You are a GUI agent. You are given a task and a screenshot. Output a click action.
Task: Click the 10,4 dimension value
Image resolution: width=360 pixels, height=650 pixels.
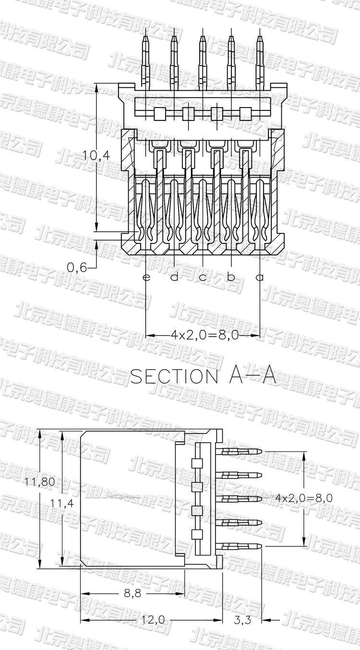pos(96,156)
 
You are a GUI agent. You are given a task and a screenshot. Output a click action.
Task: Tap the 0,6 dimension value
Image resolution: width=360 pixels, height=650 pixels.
pos(77,267)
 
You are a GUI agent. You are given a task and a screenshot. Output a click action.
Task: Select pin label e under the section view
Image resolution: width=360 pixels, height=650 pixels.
pos(146,277)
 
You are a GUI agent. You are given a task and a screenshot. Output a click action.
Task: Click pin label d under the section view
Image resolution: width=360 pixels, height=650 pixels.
pos(174,277)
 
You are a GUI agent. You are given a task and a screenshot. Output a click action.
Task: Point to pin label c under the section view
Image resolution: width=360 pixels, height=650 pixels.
pos(203,277)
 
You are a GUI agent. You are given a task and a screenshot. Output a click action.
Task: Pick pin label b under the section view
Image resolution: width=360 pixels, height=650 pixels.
pos(231,277)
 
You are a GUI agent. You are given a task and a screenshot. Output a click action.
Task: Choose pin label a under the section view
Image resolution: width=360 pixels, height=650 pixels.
pos(260,277)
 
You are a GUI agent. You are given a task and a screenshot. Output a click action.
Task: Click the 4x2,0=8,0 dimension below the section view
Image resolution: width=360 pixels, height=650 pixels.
pos(204,336)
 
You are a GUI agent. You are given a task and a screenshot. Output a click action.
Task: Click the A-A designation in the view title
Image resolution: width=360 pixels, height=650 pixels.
pos(252,376)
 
